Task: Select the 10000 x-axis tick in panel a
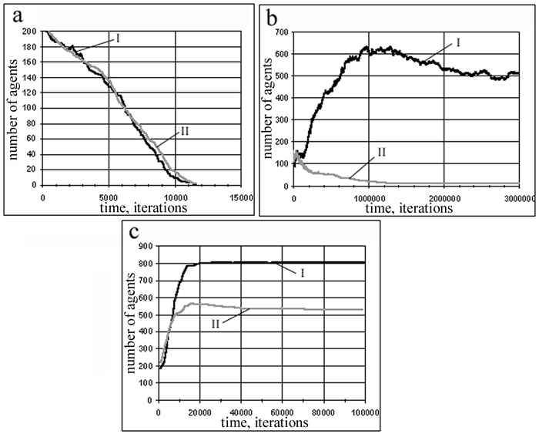pos(176,197)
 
